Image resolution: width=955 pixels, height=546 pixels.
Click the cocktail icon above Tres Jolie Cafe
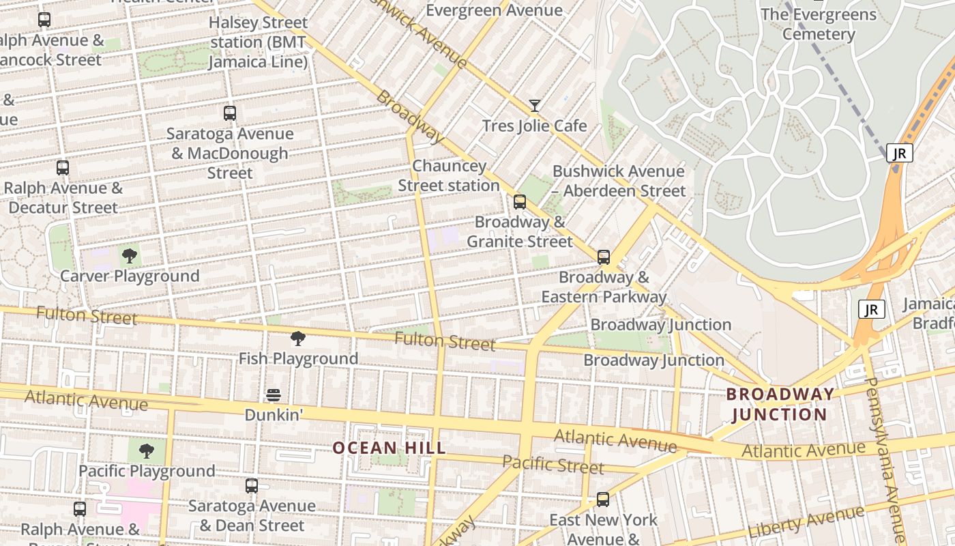point(535,106)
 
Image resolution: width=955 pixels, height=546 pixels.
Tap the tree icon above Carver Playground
point(129,257)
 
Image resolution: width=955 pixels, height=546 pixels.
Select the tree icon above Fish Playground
point(297,339)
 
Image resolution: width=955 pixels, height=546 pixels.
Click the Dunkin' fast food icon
point(274,395)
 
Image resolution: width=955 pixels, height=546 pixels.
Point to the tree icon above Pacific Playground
point(146,451)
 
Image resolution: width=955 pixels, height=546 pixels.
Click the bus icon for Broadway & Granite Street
point(520,202)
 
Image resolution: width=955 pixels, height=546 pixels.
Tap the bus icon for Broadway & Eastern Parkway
point(604,257)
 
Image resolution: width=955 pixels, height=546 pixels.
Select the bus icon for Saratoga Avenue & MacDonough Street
point(230,113)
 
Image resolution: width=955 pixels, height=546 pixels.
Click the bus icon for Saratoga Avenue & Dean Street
point(252,486)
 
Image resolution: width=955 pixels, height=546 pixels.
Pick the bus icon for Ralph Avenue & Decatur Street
point(63,168)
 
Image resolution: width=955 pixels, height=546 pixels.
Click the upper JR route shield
point(899,154)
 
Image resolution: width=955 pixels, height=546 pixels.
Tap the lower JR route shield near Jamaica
point(871,310)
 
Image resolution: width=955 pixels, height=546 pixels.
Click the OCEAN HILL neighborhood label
point(389,448)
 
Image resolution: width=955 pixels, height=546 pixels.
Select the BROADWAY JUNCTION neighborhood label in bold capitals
point(780,404)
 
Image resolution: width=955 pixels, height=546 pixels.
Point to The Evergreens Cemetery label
point(819,24)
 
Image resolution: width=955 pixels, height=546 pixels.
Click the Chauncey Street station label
point(449,176)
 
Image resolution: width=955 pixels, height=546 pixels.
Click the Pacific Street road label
point(553,465)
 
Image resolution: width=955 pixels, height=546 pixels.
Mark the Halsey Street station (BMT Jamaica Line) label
point(258,42)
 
